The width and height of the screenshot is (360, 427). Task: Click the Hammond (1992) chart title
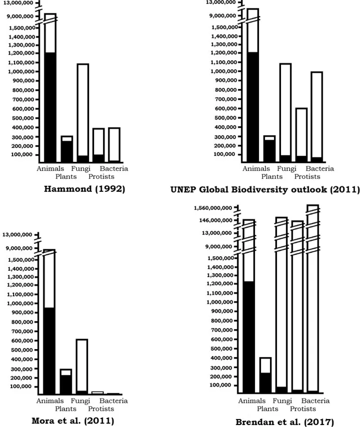click(x=84, y=189)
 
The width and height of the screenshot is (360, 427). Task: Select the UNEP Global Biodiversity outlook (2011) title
click(x=264, y=190)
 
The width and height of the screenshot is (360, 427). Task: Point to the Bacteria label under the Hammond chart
click(x=114, y=169)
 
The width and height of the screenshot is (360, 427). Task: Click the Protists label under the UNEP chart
click(x=307, y=176)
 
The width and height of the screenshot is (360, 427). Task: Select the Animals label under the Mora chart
click(x=50, y=400)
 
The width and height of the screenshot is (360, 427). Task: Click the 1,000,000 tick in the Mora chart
click(x=20, y=303)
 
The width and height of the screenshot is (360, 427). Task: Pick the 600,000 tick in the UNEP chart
click(x=224, y=109)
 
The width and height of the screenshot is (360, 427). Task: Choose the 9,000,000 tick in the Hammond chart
click(x=20, y=16)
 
